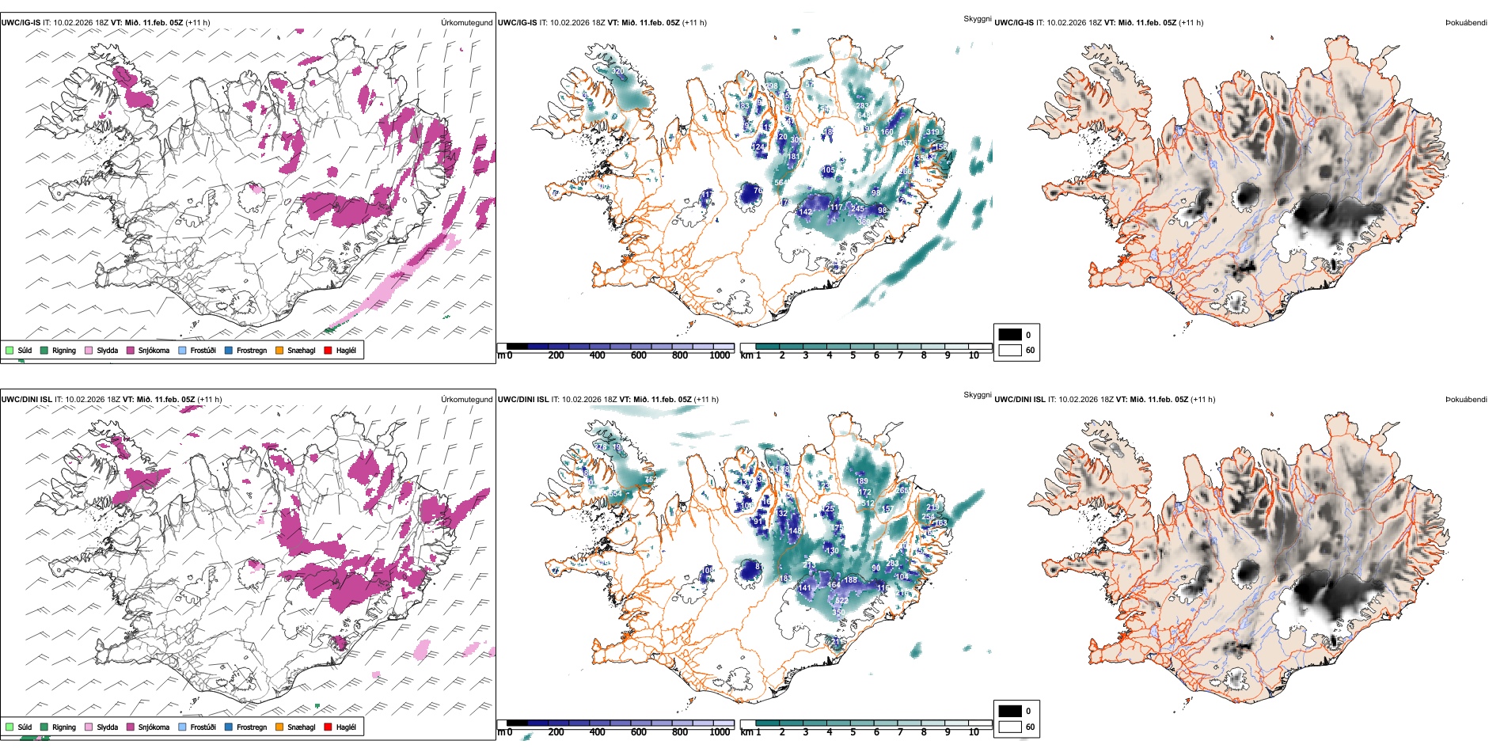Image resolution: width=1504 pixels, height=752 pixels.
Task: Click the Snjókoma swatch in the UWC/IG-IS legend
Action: click(x=131, y=350)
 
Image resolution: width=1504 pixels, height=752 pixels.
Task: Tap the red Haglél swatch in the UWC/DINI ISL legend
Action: click(x=328, y=727)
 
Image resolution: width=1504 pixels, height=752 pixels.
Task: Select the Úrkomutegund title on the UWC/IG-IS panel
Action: click(x=466, y=23)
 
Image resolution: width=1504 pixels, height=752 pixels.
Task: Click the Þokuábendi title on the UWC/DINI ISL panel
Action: click(x=1465, y=400)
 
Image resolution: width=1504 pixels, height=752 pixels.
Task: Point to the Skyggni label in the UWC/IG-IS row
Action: click(x=977, y=19)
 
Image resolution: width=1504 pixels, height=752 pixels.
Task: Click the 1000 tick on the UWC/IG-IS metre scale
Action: click(x=720, y=355)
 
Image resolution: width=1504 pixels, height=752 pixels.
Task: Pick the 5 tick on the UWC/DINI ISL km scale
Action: click(x=853, y=732)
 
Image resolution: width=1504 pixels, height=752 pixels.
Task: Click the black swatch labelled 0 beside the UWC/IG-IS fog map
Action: click(x=1010, y=335)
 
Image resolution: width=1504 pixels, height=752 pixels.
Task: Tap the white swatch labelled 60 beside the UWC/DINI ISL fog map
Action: click(x=1010, y=727)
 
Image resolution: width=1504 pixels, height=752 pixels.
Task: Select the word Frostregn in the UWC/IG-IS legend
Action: click(x=252, y=351)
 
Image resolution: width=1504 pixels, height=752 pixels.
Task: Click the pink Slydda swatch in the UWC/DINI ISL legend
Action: click(x=89, y=727)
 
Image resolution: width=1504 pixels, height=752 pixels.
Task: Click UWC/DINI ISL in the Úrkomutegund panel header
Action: click(x=26, y=400)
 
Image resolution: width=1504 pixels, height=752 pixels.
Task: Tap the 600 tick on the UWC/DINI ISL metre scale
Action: click(x=639, y=732)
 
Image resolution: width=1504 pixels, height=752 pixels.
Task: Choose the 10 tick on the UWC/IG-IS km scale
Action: click(x=974, y=355)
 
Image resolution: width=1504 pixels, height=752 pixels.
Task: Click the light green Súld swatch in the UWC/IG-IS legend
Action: click(x=9, y=350)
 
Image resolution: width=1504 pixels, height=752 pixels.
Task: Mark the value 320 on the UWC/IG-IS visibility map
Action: click(x=617, y=71)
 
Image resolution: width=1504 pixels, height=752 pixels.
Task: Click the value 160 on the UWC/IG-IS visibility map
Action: click(x=887, y=132)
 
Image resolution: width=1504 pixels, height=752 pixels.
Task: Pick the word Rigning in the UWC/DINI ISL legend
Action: click(x=64, y=727)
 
